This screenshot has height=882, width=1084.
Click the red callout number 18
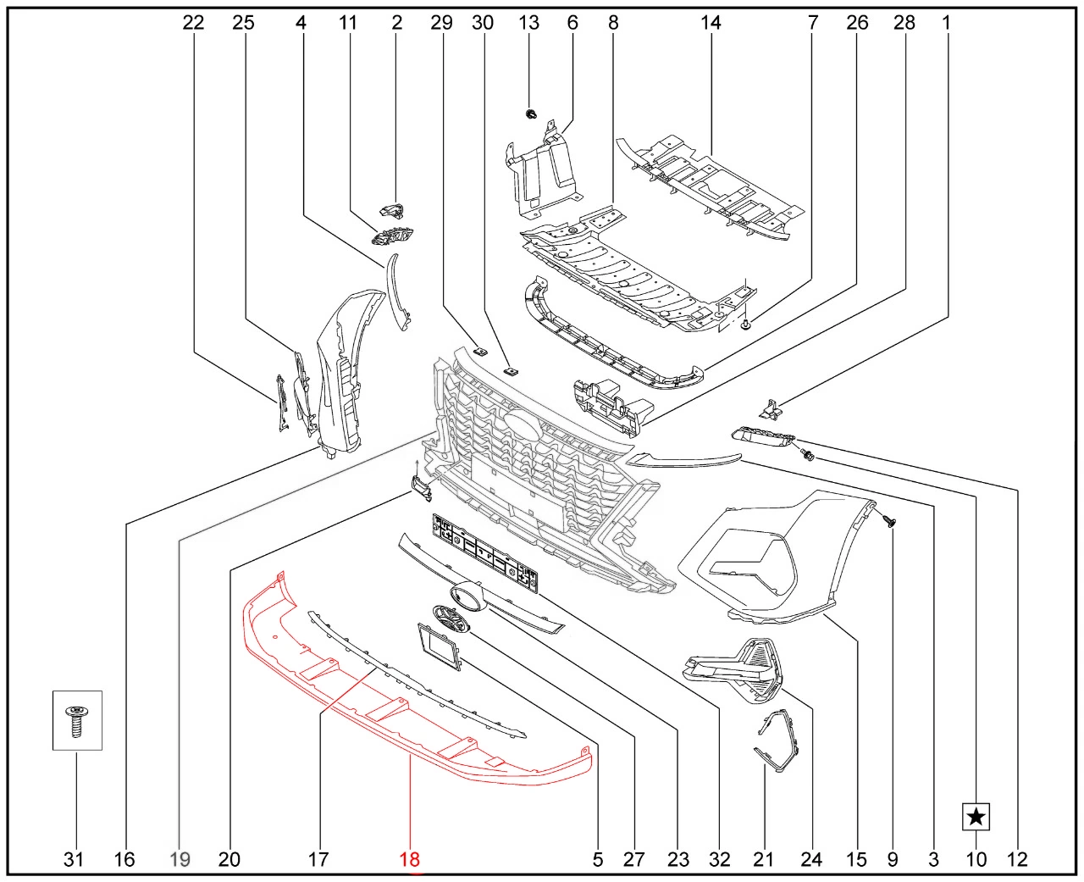(410, 859)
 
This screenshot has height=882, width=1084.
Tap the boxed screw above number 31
(77, 720)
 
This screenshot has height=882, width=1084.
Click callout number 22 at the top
(193, 22)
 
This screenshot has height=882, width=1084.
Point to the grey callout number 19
(180, 859)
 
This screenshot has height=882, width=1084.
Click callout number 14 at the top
(711, 22)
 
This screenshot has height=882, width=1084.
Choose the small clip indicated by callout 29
(479, 351)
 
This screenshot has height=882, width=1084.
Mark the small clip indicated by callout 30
(511, 371)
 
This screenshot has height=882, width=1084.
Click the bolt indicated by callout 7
(747, 324)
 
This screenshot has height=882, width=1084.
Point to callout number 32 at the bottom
(720, 859)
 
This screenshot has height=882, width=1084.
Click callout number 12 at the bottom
(1017, 859)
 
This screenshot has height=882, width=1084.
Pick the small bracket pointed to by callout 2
(391, 210)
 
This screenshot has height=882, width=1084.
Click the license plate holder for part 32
(485, 552)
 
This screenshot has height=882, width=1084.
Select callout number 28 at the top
(904, 22)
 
